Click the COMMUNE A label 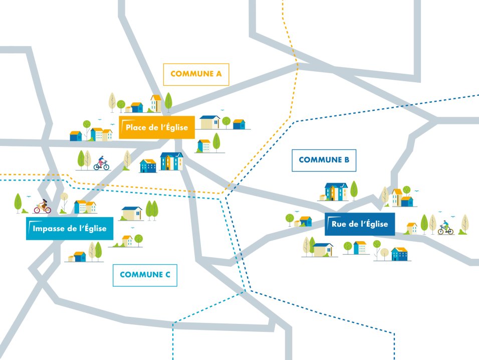click(196, 74)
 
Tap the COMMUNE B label click(324, 160)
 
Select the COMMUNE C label click(145, 275)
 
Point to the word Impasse click(47, 229)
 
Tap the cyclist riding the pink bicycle click(43, 206)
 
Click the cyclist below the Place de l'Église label click(102, 163)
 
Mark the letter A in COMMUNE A click(218, 74)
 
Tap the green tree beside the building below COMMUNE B click(354, 190)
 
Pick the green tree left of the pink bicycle click(19, 202)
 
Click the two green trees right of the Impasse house click(151, 209)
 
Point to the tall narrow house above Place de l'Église click(156, 103)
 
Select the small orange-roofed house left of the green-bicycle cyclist click(411, 228)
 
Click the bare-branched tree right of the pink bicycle click(64, 201)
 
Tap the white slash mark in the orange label click(123, 127)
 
